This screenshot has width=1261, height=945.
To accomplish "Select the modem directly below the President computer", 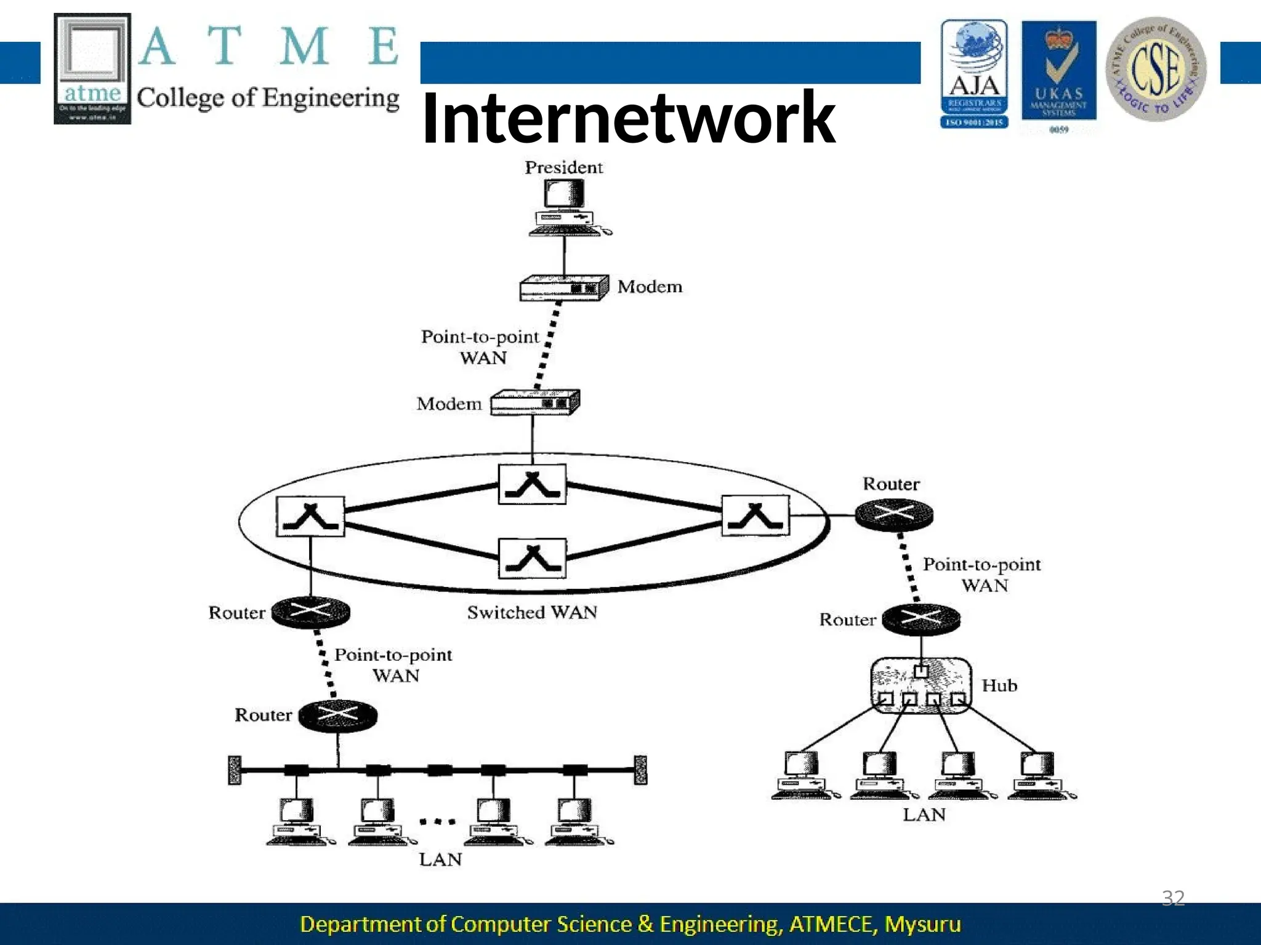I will [x=563, y=288].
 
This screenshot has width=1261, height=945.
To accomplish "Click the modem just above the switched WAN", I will [x=534, y=403].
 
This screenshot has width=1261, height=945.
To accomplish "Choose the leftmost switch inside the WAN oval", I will [x=310, y=517].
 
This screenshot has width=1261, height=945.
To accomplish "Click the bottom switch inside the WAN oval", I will [x=532, y=558].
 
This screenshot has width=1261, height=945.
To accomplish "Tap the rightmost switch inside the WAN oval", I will [x=755, y=516].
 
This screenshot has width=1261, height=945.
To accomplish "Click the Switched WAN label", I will [x=532, y=612].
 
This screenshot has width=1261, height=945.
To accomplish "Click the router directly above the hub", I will [x=921, y=618].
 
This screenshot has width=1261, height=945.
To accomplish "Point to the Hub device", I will [x=921, y=685].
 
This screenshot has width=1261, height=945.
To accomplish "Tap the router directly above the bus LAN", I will [x=338, y=715].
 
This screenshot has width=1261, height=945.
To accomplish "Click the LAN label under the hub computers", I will [x=924, y=815].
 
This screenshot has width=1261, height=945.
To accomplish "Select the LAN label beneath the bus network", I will [x=440, y=859].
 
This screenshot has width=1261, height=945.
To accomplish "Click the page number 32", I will [x=1172, y=898].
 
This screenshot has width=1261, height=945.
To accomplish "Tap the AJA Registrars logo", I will [x=974, y=73].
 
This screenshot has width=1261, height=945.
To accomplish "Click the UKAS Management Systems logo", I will [x=1058, y=73].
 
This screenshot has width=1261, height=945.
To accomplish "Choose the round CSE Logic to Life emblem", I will [x=1156, y=69].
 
